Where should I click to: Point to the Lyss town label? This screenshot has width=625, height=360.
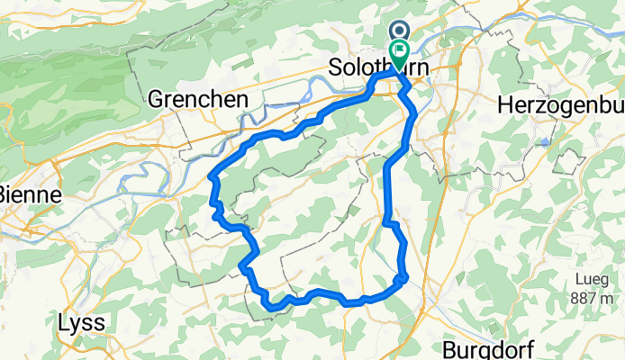(x=82, y=322)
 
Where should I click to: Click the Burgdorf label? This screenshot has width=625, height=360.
(x=490, y=347)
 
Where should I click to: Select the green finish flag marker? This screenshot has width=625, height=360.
(x=397, y=51)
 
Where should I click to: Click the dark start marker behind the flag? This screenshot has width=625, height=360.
(x=397, y=30)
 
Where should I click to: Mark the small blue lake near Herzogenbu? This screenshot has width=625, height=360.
(x=546, y=141)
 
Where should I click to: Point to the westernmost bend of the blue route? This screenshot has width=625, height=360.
(x=212, y=177)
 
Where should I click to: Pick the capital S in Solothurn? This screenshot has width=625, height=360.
(x=335, y=68)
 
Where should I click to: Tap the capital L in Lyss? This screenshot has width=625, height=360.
(x=63, y=322)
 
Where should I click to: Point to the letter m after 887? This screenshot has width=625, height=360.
(x=617, y=298)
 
